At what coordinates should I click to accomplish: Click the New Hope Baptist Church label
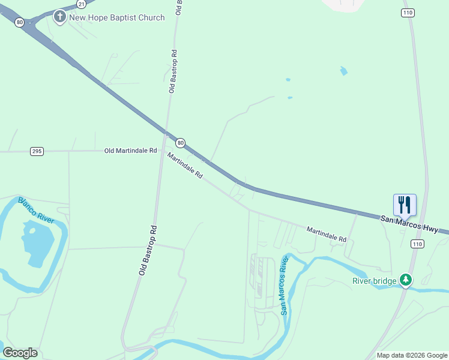(117, 17)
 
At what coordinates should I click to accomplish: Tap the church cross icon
(60, 17)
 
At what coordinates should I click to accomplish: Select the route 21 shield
(81, 4)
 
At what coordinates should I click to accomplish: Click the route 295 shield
(37, 151)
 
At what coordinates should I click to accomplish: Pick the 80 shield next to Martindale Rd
(180, 143)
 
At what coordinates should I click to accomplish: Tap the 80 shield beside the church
(20, 22)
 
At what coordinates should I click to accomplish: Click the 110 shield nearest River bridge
(417, 244)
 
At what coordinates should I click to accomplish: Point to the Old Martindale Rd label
(130, 151)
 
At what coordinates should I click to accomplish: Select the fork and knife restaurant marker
(405, 205)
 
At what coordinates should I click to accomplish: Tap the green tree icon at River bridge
(406, 280)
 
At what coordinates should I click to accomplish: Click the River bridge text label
(374, 281)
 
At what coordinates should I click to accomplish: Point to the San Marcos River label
(285, 285)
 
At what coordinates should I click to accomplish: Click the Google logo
(20, 353)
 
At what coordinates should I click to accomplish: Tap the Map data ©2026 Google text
(411, 355)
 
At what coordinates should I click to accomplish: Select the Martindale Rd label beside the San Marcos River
(327, 234)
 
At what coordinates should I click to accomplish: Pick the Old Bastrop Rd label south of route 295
(148, 250)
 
